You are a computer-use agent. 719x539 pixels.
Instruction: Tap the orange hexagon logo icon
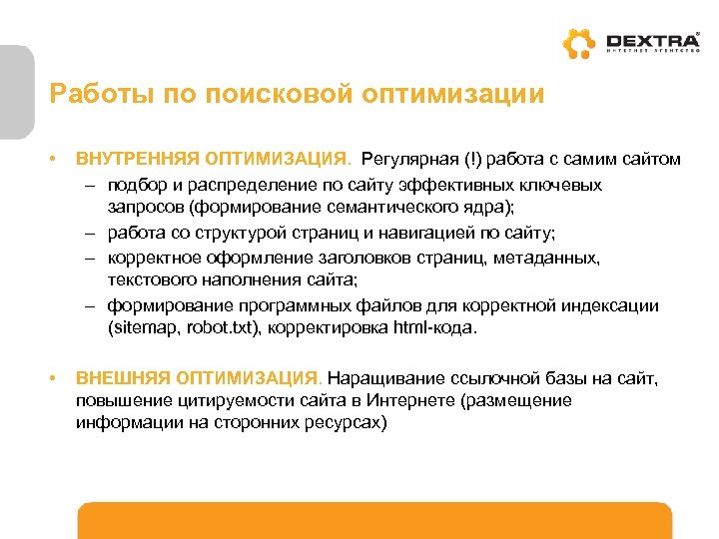(578, 45)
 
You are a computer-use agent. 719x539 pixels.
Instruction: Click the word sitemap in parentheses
(141, 327)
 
